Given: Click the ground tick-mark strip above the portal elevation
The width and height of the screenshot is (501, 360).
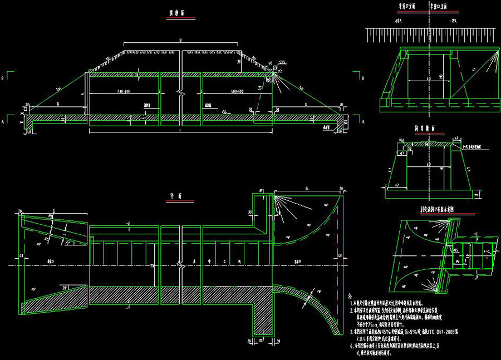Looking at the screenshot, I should tap(429, 36).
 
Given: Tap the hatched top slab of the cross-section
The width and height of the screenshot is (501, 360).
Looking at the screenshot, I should tap(429, 143).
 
